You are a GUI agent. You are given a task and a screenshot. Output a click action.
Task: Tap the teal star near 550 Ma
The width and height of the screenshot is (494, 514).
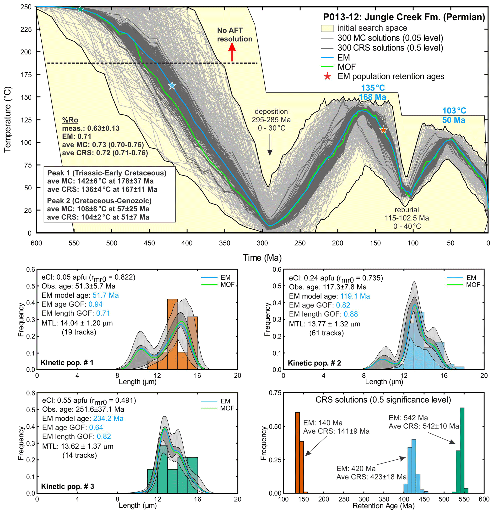click(x=80, y=9)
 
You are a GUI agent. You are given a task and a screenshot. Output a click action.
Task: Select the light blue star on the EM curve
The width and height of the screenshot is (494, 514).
click(x=172, y=85)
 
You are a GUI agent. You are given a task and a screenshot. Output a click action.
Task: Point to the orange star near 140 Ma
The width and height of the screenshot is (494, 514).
click(x=384, y=130)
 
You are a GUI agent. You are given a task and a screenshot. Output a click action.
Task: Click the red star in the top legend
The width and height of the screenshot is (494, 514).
click(x=327, y=77)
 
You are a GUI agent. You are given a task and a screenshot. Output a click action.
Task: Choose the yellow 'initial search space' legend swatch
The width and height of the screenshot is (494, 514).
click(x=327, y=28)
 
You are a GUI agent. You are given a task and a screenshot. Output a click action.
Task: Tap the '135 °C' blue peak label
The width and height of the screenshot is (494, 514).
click(x=373, y=88)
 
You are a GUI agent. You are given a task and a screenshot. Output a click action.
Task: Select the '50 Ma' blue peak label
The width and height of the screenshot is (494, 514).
click(x=454, y=120)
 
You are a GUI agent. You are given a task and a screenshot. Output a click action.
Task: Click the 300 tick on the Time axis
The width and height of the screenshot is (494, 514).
click(x=262, y=243)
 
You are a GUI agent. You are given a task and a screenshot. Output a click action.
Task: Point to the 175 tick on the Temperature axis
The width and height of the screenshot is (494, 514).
click(x=26, y=75)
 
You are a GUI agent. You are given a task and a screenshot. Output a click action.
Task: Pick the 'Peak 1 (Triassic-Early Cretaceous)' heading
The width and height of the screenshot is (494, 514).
click(x=107, y=173)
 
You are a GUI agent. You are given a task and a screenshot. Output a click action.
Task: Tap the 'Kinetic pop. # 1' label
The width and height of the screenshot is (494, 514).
click(x=67, y=363)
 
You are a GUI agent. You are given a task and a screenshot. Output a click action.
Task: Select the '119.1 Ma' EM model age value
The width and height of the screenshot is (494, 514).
click(x=355, y=296)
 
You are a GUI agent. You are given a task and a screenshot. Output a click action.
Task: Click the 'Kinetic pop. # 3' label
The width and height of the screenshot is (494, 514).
click(x=68, y=486)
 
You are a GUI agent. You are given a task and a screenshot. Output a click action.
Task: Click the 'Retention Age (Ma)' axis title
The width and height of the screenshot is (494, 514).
click(x=384, y=506)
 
